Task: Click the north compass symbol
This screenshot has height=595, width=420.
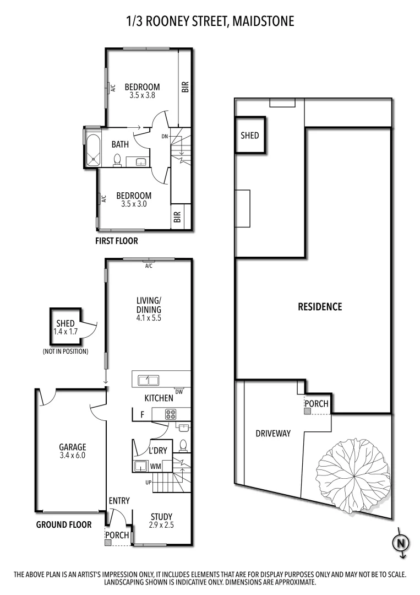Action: pos(401,543)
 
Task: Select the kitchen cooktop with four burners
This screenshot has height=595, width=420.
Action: pos(170,414)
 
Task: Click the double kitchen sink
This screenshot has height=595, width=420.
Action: pos(149,380)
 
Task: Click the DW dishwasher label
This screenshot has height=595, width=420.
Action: pos(179,392)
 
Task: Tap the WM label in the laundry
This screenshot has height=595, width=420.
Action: pos(155,467)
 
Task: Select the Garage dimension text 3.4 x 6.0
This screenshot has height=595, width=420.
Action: pos(73,456)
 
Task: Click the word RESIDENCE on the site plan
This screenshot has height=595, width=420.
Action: pos(320,307)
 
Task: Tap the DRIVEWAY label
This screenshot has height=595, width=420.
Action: pos(272,434)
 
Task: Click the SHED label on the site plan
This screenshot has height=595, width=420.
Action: pos(250,136)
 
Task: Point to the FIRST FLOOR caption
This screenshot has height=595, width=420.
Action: pos(117,241)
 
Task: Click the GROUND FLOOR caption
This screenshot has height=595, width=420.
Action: pos(64,525)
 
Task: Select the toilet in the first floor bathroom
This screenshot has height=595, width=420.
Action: pos(117,160)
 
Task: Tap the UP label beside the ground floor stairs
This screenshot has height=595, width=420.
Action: pos(148,483)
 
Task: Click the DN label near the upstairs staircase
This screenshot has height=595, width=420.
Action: pos(165,136)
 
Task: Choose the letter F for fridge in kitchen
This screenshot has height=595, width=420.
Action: pos(142,414)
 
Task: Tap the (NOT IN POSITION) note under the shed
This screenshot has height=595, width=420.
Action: pos(65,351)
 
